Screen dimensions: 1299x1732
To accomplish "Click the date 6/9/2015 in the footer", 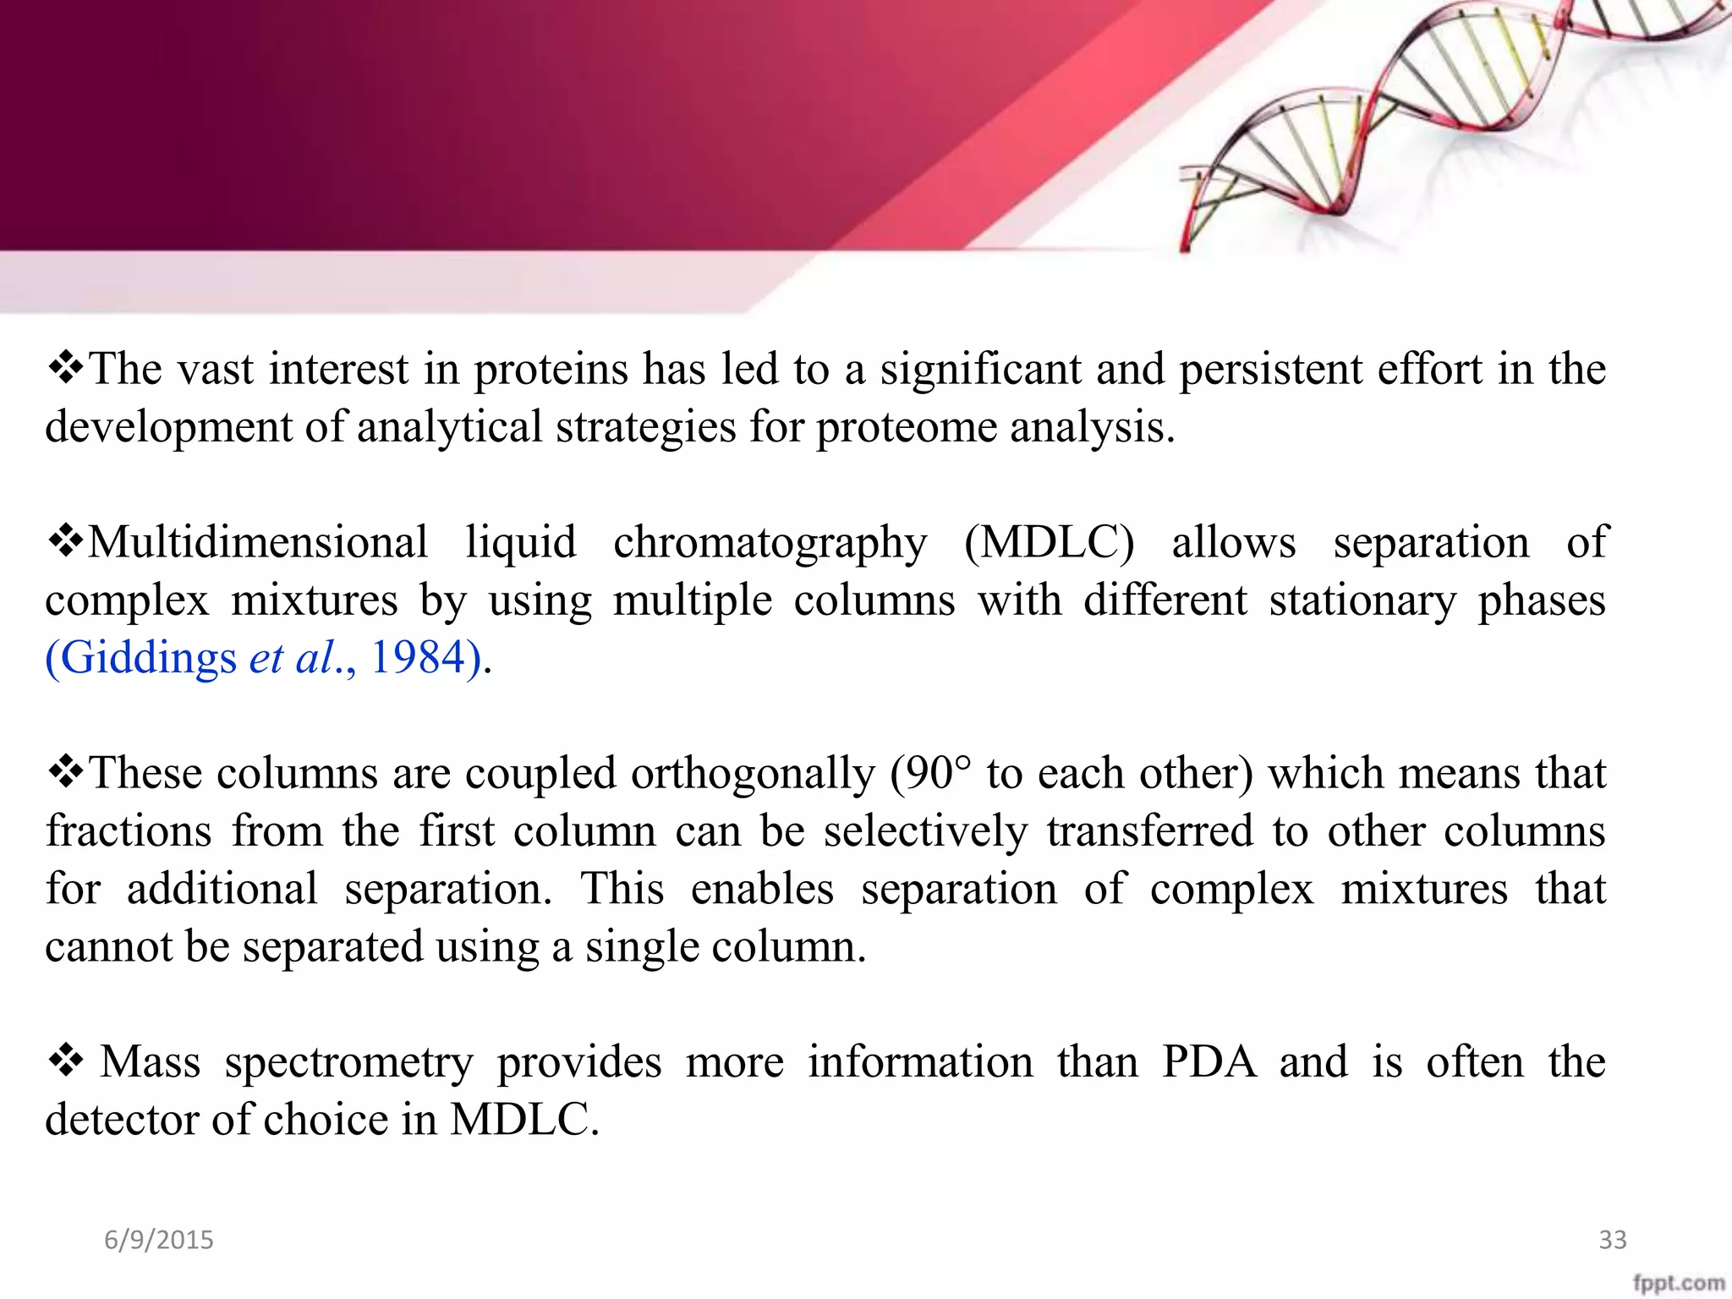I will click(x=159, y=1240).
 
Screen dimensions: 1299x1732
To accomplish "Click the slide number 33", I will click(x=1612, y=1240).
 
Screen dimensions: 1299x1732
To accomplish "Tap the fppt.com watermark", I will click(x=1678, y=1284).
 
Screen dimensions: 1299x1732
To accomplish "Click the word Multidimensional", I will click(x=258, y=542).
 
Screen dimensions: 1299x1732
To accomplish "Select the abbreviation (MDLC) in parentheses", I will click(x=1049, y=542).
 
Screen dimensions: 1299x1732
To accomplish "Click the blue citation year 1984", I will click(x=418, y=657).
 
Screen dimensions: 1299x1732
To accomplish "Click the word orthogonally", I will click(x=753, y=774).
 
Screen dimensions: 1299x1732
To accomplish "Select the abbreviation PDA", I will click(x=1209, y=1061).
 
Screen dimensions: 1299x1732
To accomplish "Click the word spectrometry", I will click(x=348, y=1063).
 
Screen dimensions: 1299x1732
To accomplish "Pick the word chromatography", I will click(x=770, y=544).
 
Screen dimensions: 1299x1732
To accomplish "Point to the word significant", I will click(x=981, y=370).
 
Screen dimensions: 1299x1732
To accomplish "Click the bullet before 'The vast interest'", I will click(x=65, y=368).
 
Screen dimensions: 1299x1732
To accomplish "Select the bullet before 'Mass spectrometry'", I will click(x=65, y=1061).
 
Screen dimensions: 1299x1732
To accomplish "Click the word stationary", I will click(x=1362, y=601).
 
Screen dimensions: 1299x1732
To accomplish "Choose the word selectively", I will click(x=926, y=831).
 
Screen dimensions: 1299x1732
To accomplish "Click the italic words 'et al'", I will click(x=292, y=657).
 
